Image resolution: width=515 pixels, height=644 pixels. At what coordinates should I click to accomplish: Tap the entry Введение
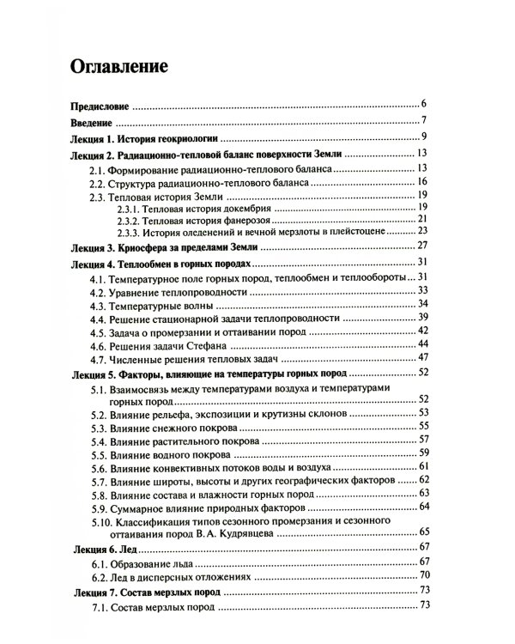pos(89,122)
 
